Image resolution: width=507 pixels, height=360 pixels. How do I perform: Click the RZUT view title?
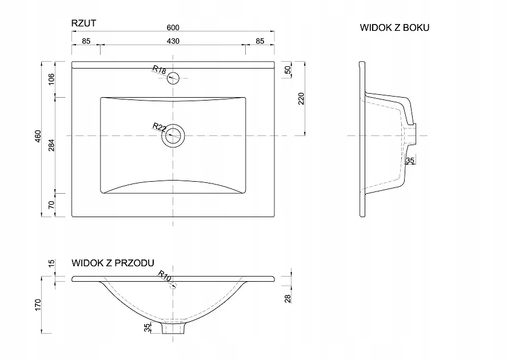pyautogui.click(x=84, y=23)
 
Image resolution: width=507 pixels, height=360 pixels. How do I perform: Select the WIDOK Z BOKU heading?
pyautogui.click(x=394, y=28)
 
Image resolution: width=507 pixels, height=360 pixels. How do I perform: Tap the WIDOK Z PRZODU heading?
pyautogui.click(x=113, y=263)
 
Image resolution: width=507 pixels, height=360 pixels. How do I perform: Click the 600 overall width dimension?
pyautogui.click(x=173, y=27)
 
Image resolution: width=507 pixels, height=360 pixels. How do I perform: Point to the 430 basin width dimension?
pyautogui.click(x=173, y=41)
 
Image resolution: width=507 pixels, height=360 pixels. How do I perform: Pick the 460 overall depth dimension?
pyautogui.click(x=38, y=136)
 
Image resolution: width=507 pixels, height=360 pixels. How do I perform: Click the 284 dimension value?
pyautogui.click(x=51, y=145)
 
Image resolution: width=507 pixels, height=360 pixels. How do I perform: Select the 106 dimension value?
pyautogui.click(x=51, y=79)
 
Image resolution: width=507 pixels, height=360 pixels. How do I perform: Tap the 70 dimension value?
pyautogui.click(x=51, y=205)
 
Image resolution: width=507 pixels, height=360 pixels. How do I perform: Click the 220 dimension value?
pyautogui.click(x=301, y=98)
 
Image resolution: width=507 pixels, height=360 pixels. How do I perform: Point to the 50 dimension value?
pyautogui.click(x=288, y=70)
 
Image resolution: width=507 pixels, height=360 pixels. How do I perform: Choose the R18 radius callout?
pyautogui.click(x=159, y=70)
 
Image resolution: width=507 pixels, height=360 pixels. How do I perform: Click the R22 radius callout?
pyautogui.click(x=159, y=127)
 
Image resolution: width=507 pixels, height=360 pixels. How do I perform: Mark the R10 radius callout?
pyautogui.click(x=164, y=275)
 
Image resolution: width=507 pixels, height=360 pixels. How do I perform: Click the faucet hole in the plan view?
pyautogui.click(x=173, y=78)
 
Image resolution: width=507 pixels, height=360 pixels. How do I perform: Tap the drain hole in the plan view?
pyautogui.click(x=173, y=136)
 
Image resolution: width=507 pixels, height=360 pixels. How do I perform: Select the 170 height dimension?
pyautogui.click(x=38, y=305)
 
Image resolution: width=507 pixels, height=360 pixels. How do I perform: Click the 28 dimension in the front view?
pyautogui.click(x=288, y=299)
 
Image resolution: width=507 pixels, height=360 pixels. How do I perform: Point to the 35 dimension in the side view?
pyautogui.click(x=410, y=161)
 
